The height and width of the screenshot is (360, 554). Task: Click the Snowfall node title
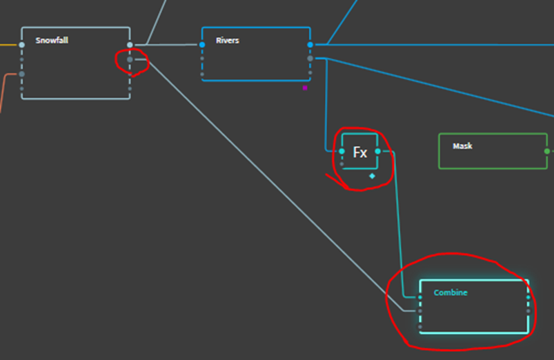pos(52,41)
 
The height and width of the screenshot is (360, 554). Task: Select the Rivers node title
pos(228,41)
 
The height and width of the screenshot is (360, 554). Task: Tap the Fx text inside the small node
pos(359,152)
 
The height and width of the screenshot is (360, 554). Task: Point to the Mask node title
pos(462,146)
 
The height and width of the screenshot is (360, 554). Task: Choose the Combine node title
pos(451,292)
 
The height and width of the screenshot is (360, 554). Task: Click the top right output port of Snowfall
pos(130,45)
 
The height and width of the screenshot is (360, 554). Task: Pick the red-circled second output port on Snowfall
pos(130,60)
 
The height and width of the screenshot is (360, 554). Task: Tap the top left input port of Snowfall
pos(22,45)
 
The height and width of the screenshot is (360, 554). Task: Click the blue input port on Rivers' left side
pos(202,45)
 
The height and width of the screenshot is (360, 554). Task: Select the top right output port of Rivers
pos(310,45)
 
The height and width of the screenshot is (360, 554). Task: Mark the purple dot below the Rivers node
pos(304,88)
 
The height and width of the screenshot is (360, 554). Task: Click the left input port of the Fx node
pos(342,151)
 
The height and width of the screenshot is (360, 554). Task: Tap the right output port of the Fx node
pos(377,151)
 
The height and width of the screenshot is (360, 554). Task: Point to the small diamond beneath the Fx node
pos(372,177)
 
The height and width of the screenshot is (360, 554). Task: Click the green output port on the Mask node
pos(546,151)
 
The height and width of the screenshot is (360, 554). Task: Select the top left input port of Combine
pos(420,297)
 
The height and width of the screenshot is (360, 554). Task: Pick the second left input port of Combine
pos(420,311)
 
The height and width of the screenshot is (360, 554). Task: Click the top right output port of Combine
pos(528,297)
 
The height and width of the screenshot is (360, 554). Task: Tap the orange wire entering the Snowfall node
pos(6,86)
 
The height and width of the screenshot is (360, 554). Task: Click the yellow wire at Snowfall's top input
pos(8,45)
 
